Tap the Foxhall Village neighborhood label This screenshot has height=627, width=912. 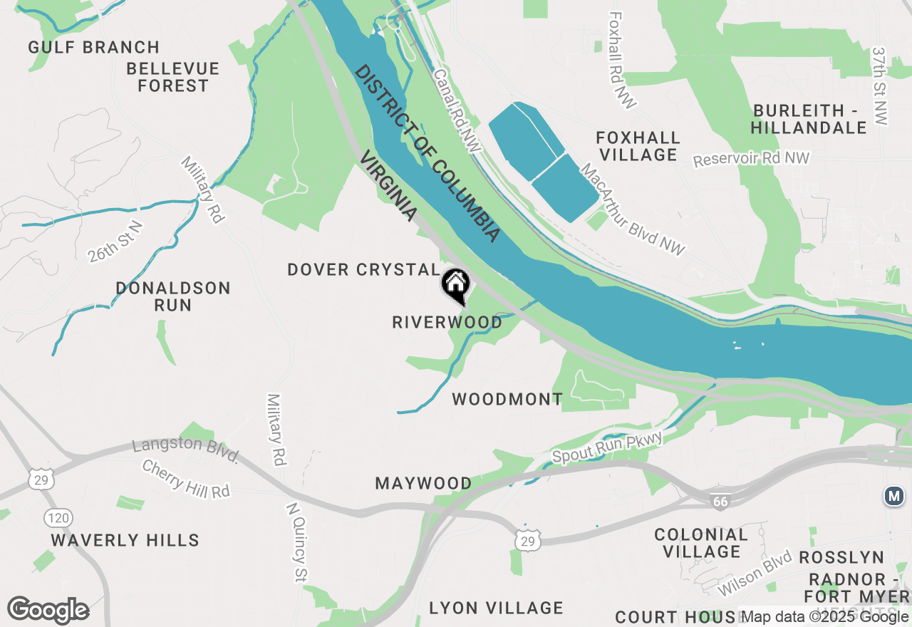(638, 146)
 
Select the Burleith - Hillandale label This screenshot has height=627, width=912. (809, 119)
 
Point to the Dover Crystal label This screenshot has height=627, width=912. (363, 270)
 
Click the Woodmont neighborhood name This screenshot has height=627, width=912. (507, 399)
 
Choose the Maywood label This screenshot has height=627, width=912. (423, 484)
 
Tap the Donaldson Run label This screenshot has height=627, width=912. (173, 296)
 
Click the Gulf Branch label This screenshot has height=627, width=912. (94, 48)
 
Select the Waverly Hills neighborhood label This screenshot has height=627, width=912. (125, 540)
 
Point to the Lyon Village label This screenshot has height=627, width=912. (496, 608)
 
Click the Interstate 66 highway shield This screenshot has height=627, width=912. (720, 502)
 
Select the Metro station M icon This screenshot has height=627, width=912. (894, 496)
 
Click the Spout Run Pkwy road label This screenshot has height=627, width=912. (607, 448)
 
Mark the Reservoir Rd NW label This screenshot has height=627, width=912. (752, 159)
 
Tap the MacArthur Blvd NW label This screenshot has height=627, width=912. (632, 209)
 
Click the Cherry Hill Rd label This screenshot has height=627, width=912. (185, 480)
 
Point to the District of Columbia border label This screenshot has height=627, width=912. (427, 152)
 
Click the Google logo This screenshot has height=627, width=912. (48, 610)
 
